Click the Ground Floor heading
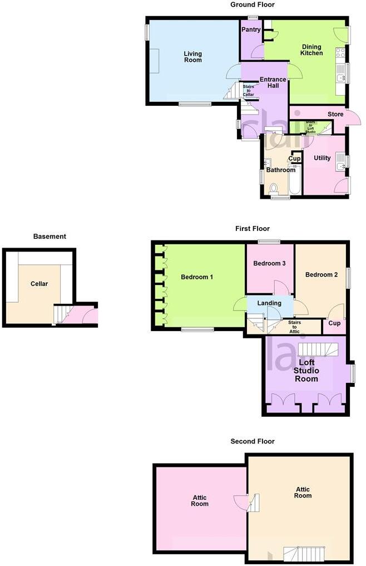[x=253, y=4]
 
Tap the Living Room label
[x=193, y=57]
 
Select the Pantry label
[x=251, y=30]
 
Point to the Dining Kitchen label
[x=311, y=50]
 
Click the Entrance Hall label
[x=273, y=83]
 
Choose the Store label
[x=335, y=115]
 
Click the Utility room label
[x=322, y=159]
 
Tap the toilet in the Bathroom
[x=273, y=188]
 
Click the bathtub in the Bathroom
[x=295, y=179]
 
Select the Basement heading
[x=50, y=237]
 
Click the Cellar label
[x=39, y=284]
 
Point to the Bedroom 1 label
[x=197, y=277]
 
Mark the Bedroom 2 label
[x=322, y=275]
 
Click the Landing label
[x=269, y=303]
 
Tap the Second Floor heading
[x=253, y=441]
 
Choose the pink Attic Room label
[x=200, y=500]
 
